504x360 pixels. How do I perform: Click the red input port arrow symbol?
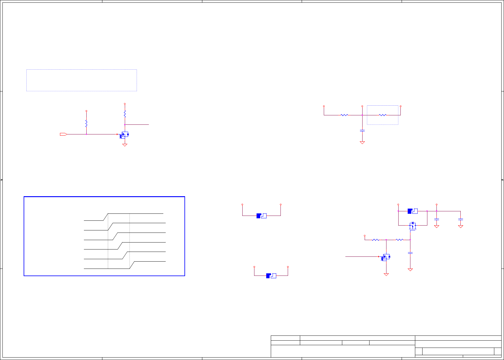(x=63, y=134)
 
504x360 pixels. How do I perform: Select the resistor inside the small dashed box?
(x=383, y=115)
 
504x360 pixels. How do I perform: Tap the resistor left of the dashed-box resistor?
(x=344, y=115)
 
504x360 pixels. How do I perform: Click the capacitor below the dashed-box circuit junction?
(x=362, y=130)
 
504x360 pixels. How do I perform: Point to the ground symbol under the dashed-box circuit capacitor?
(x=362, y=142)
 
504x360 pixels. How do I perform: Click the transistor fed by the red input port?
(x=124, y=135)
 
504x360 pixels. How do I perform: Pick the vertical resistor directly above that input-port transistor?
(x=124, y=114)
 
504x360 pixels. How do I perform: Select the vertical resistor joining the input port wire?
(x=86, y=124)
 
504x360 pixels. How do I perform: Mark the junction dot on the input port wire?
(x=86, y=134)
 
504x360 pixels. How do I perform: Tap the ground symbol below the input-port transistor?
(x=124, y=145)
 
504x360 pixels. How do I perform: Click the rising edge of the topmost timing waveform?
(x=106, y=217)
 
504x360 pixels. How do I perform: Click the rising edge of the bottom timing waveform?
(x=132, y=265)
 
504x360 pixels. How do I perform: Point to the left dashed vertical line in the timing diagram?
(x=108, y=242)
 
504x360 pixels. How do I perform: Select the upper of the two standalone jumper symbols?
(x=261, y=216)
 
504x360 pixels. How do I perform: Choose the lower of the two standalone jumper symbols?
(x=271, y=276)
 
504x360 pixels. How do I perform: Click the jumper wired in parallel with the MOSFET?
(x=413, y=211)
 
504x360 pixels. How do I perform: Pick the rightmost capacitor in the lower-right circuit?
(x=460, y=219)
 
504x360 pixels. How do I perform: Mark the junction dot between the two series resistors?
(x=386, y=240)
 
